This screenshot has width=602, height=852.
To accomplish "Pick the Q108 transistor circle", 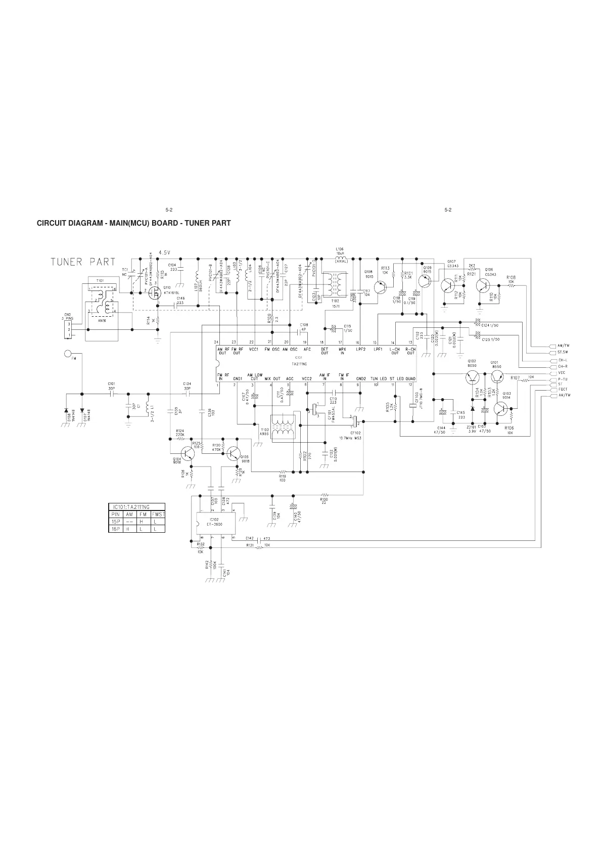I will coord(379,287).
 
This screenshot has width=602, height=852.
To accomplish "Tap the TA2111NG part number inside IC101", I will coord(300,363).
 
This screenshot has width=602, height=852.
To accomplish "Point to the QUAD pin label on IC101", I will coord(410,378).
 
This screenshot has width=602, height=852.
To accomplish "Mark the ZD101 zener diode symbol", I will coord(473,408).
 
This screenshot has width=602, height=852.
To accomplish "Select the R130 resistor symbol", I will coord(324,494).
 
